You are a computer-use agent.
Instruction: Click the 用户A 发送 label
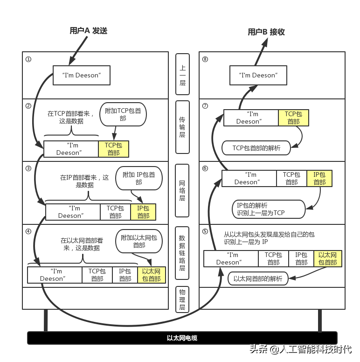88,31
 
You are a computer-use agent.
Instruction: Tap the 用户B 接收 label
266,32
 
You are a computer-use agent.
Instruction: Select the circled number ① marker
28,59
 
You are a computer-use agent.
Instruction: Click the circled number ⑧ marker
205,59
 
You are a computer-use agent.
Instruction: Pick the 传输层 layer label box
182,127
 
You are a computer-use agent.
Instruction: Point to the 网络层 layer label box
182,190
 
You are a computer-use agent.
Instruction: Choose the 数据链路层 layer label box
182,253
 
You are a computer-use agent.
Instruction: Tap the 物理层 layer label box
182,299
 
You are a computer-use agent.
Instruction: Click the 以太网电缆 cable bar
182,338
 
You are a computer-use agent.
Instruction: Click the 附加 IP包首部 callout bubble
138,178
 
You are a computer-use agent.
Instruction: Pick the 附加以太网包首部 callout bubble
139,241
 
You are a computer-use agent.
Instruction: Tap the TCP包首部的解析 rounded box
256,148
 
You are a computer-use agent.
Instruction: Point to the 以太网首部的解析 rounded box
257,279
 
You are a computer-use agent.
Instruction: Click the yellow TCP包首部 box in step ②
113,149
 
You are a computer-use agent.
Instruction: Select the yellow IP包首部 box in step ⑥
319,178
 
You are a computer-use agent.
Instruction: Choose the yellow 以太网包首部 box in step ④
151,275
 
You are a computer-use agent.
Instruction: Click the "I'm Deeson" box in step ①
81,75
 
